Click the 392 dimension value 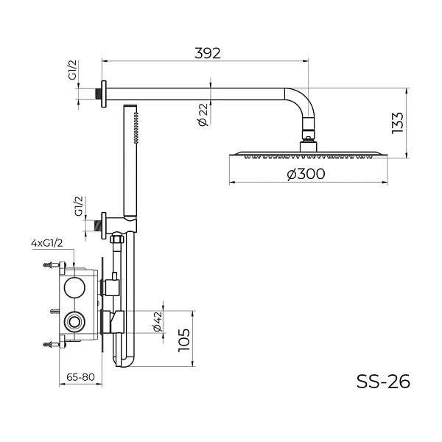[x=208, y=53]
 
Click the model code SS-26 [x=382, y=381]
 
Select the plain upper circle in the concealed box [x=74, y=287]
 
